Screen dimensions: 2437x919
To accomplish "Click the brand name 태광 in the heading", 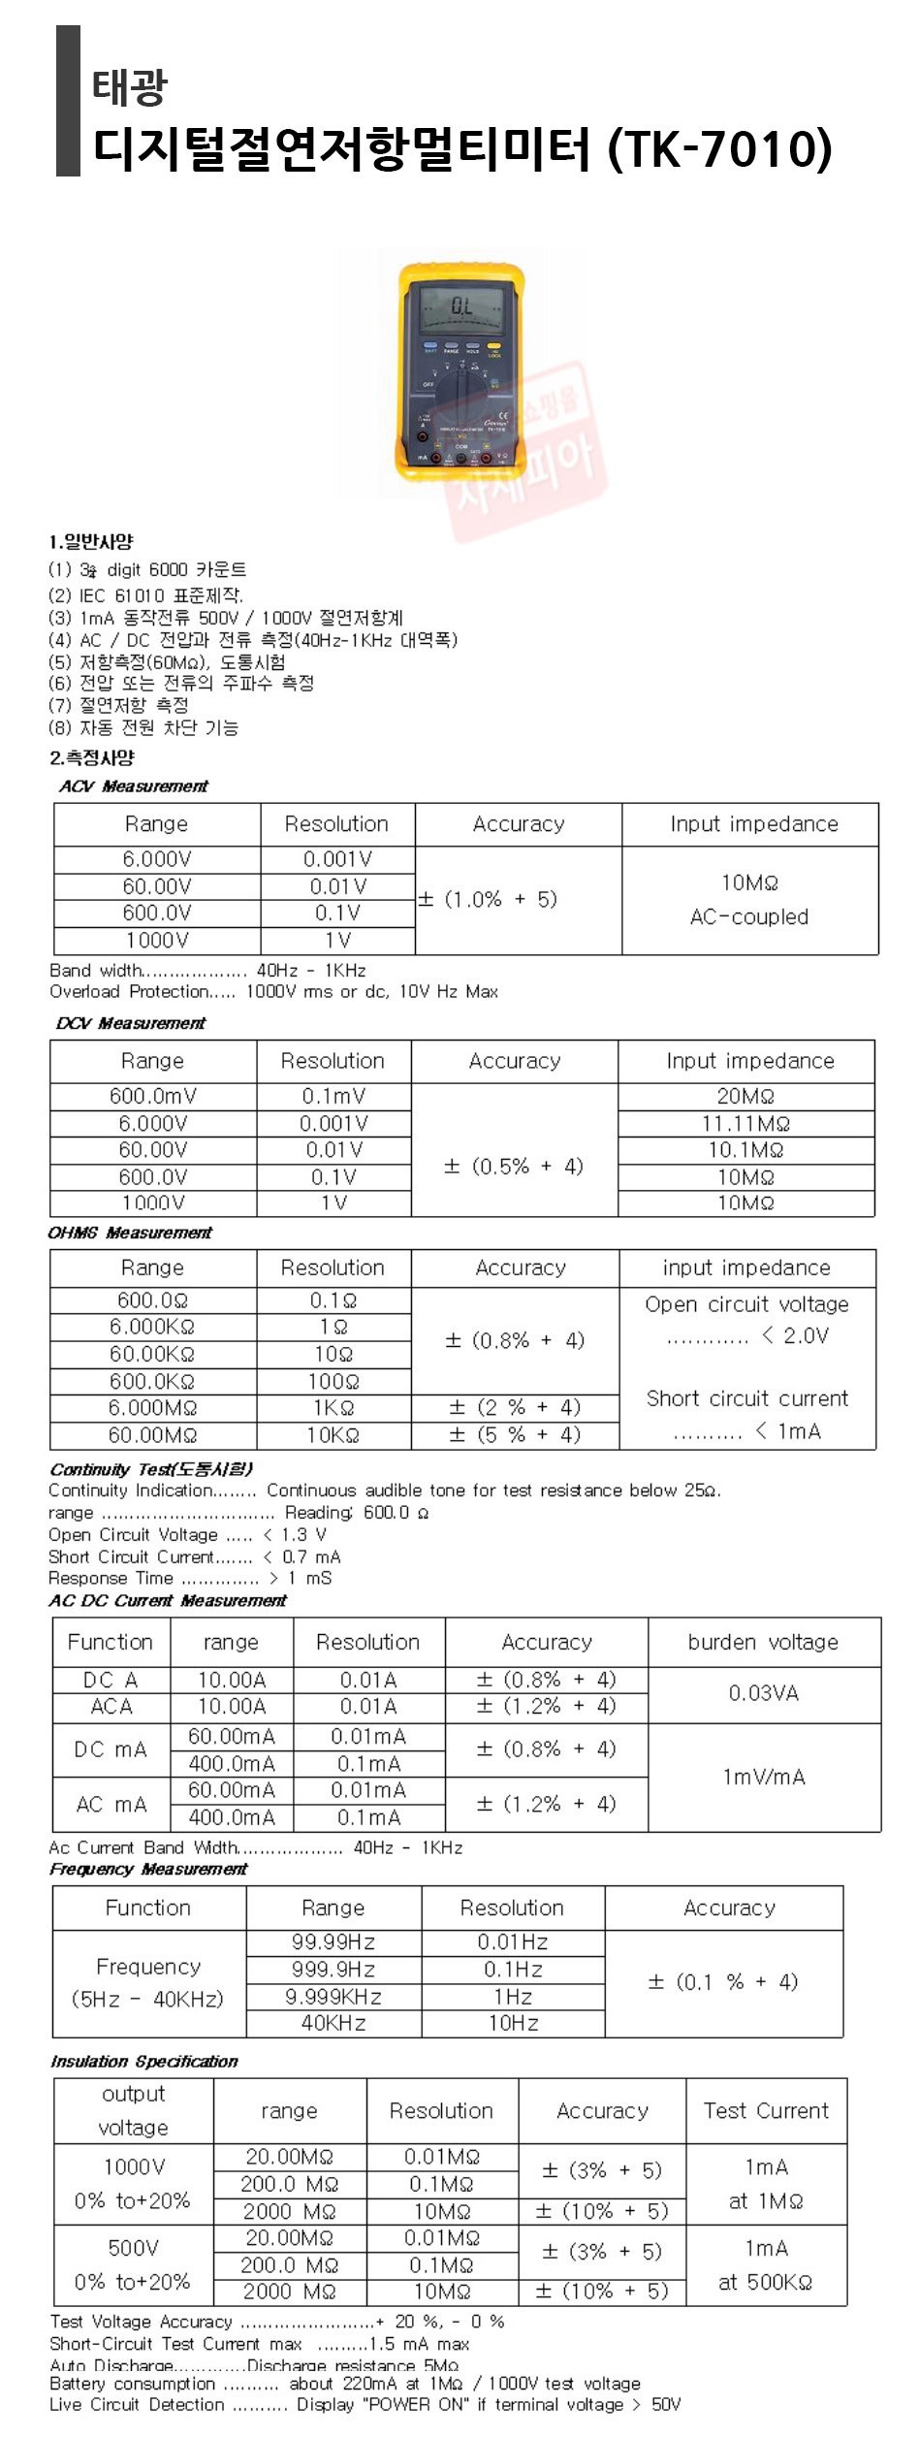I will tap(130, 87).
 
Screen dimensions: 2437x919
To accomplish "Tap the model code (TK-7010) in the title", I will tap(719, 148).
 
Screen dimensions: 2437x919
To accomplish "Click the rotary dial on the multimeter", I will tap(464, 395).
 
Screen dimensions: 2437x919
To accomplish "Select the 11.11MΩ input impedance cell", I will tap(745, 1123).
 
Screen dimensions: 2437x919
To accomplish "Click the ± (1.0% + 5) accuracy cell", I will tap(488, 899).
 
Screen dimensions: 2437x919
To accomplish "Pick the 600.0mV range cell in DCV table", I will tap(152, 1096).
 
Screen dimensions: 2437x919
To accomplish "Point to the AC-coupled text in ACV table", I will tap(748, 916).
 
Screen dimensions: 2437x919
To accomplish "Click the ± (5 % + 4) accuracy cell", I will tap(515, 1434).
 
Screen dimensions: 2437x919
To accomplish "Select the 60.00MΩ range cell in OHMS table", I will tap(152, 1434).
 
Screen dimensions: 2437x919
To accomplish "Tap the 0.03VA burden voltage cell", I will tap(763, 1693).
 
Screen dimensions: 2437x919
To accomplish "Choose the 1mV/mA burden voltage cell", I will tap(763, 1777).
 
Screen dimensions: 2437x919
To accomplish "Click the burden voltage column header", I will tap(763, 1642).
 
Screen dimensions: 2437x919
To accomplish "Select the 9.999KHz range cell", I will tap(333, 1997).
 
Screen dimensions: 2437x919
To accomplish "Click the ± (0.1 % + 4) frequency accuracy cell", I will tap(723, 1982).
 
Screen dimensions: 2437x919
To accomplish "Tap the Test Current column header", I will tap(766, 2110).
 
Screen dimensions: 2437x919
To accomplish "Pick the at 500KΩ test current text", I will tap(765, 2282).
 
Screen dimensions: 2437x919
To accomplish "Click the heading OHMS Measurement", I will tap(130, 1233).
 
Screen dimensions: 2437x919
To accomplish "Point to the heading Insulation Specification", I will tap(143, 2061).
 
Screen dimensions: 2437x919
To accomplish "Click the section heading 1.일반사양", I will tap(91, 542).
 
